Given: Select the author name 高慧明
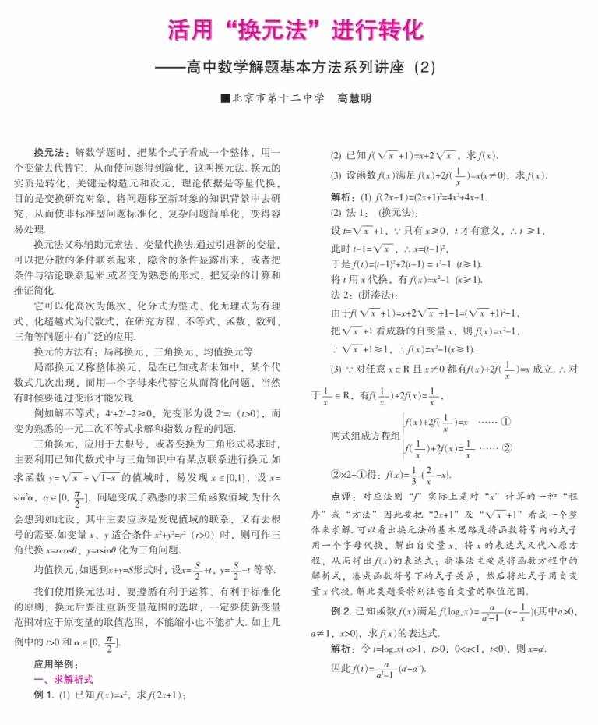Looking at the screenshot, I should [x=354, y=99].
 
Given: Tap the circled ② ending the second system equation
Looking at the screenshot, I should [x=507, y=448].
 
